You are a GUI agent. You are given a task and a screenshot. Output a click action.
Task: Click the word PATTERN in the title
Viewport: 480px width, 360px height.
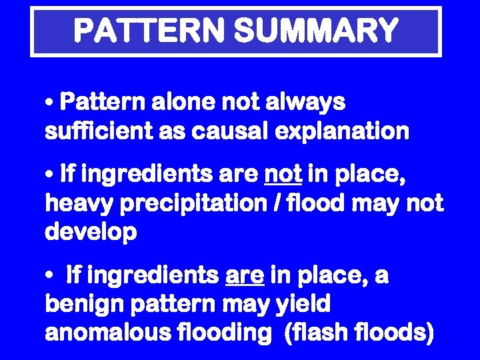point(148,31)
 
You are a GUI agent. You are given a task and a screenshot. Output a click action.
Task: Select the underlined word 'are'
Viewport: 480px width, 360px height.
point(245,275)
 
